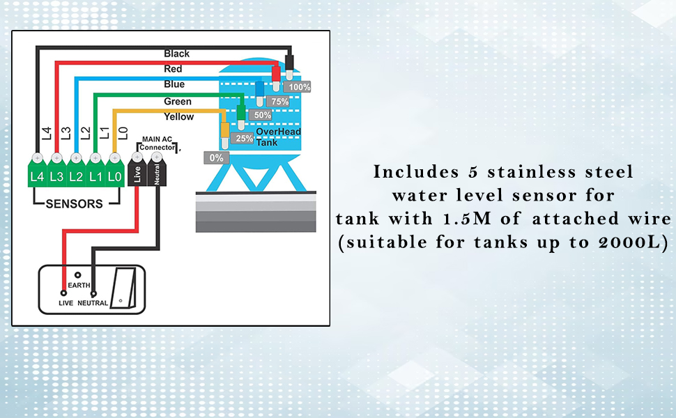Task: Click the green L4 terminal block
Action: (x=37, y=176)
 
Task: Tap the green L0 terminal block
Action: (x=115, y=176)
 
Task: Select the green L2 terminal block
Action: (x=76, y=176)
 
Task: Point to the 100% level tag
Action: (x=299, y=87)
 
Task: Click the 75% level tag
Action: (x=279, y=101)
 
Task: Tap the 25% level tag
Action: (x=243, y=138)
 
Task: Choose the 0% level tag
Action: (x=216, y=157)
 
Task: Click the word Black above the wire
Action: (x=176, y=54)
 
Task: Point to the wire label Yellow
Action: (x=178, y=116)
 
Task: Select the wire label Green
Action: (x=178, y=101)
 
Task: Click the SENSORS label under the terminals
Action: (x=74, y=204)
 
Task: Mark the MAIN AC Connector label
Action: (x=158, y=144)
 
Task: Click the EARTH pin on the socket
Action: (x=78, y=276)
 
